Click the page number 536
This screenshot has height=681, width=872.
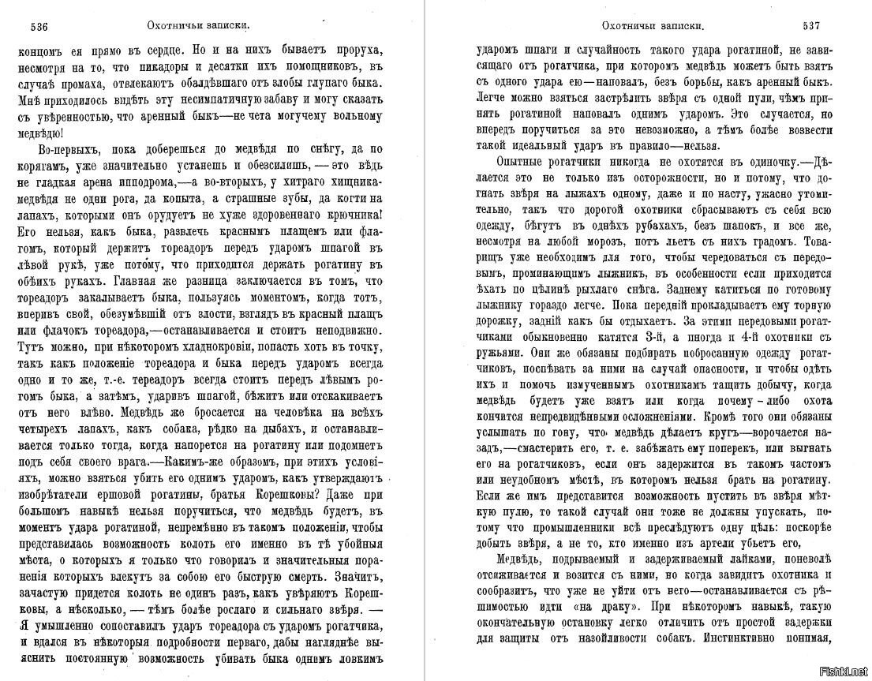(40, 26)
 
